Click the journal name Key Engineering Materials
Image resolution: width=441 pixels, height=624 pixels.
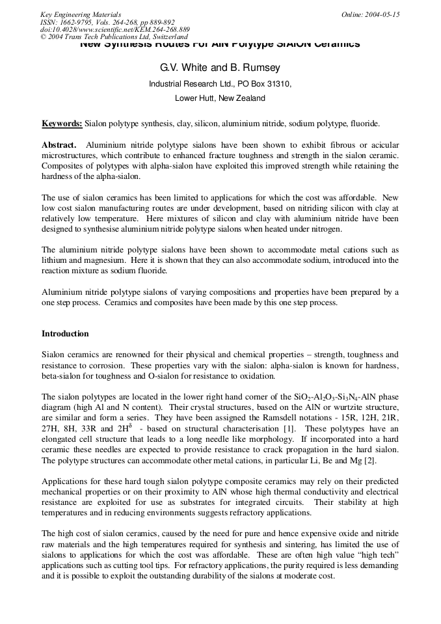80,14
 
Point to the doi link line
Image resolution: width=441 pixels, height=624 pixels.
114,29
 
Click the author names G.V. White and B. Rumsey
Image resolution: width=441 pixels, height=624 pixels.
220,68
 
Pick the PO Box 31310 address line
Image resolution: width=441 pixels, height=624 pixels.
220,84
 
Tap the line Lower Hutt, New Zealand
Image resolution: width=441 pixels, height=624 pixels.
220,98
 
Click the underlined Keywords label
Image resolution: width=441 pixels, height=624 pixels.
62,123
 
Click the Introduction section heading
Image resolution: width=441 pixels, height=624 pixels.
65,334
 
